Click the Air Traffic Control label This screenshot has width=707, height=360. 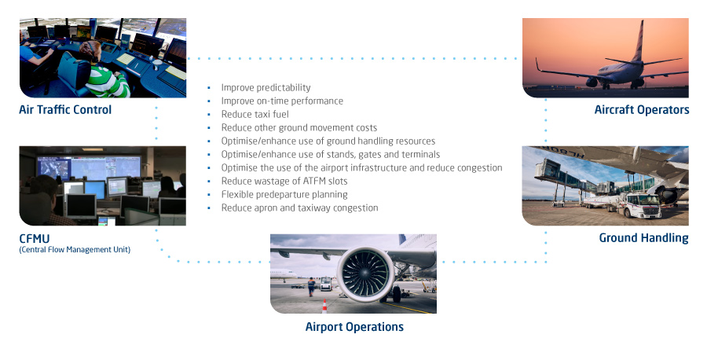(65, 109)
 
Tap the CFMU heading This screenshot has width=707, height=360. (35, 238)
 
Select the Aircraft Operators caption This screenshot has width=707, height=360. (642, 109)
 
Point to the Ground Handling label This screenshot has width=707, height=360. (643, 237)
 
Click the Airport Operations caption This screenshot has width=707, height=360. (354, 327)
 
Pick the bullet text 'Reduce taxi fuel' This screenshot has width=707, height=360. (255, 114)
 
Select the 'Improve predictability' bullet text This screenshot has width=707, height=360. (266, 87)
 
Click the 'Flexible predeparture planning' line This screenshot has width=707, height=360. (284, 194)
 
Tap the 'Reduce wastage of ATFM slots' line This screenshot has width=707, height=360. (284, 181)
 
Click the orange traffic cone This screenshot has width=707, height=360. (324, 306)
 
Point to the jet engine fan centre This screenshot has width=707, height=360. (364, 274)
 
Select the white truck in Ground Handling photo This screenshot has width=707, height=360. (636, 206)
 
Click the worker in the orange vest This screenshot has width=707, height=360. (311, 286)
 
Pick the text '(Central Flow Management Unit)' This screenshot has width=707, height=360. (75, 249)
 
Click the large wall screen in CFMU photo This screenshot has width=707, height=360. (89, 166)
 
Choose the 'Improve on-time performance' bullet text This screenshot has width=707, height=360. (282, 101)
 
